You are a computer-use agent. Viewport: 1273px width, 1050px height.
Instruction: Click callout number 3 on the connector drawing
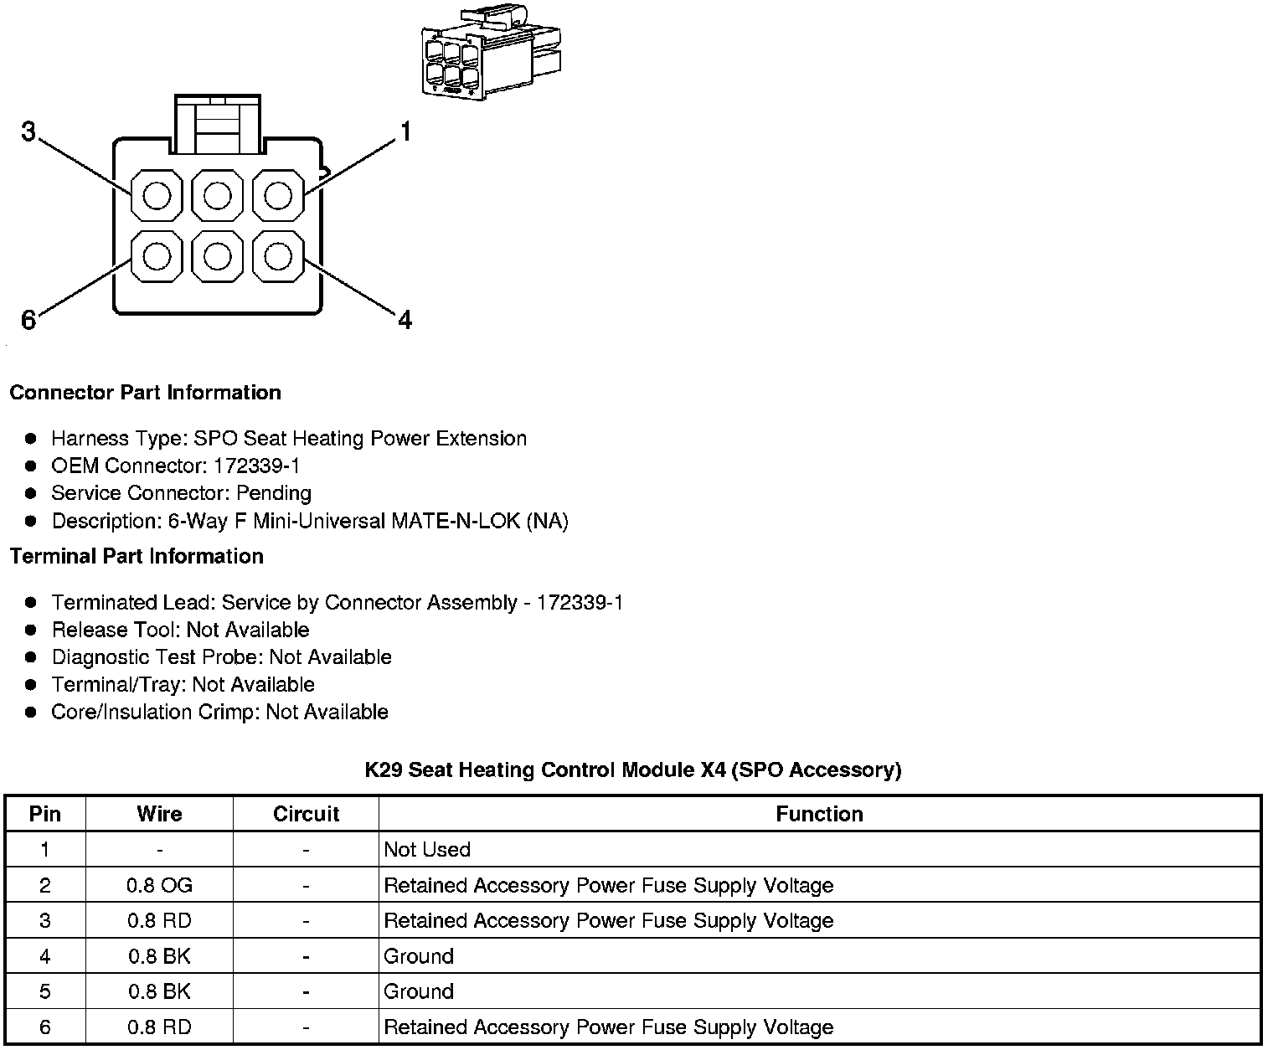[x=28, y=131]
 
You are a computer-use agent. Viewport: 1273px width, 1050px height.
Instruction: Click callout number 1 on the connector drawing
[x=405, y=132]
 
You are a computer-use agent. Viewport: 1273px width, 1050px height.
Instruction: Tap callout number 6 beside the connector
[x=28, y=320]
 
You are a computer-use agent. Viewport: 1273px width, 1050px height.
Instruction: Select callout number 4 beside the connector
[x=405, y=320]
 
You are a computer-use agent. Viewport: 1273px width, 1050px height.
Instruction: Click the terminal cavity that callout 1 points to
[x=278, y=196]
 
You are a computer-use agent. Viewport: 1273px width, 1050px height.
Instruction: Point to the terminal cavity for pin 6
[x=157, y=256]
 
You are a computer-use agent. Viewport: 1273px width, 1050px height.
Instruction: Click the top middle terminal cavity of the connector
[x=217, y=196]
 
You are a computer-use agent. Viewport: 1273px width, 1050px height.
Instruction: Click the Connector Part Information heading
[x=145, y=393]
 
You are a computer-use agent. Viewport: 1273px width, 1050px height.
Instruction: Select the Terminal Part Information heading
[x=137, y=557]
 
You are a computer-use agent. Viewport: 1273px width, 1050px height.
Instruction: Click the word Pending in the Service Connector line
[x=274, y=493]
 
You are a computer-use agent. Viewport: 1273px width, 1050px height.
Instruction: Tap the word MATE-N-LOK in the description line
[x=456, y=522]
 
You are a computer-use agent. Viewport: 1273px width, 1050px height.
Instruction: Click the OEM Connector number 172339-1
[x=257, y=466]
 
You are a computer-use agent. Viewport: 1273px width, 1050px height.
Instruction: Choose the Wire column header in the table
[x=159, y=814]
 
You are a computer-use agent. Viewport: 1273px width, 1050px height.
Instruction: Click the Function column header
[x=819, y=814]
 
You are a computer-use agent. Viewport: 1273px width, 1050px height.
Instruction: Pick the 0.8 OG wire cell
[x=159, y=885]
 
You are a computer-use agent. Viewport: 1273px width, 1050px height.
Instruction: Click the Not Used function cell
[x=427, y=850]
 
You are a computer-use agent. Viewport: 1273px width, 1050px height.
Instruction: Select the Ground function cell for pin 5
[x=419, y=991]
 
